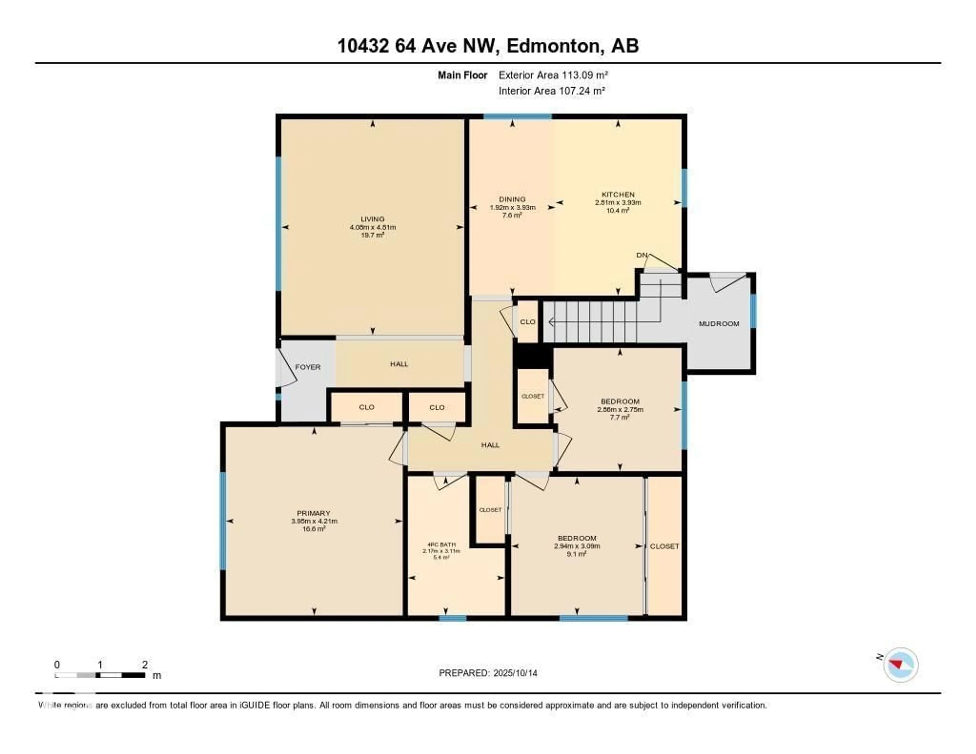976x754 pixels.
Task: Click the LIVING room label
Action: click(372, 219)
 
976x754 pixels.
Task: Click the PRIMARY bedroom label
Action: click(313, 513)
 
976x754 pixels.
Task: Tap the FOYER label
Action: click(308, 367)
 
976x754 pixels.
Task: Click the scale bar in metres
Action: click(100, 675)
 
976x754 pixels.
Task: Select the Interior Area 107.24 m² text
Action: click(552, 91)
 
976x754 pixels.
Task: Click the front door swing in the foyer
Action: click(286, 368)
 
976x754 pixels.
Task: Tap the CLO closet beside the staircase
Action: click(527, 322)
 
